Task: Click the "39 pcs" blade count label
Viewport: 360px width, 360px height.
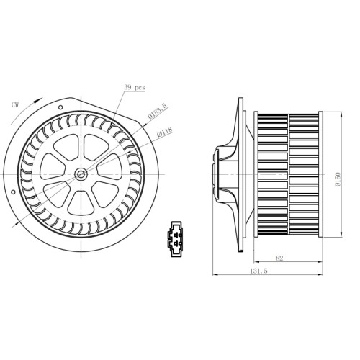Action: pyautogui.click(x=135, y=87)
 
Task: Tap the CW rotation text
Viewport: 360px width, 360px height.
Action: pyautogui.click(x=15, y=104)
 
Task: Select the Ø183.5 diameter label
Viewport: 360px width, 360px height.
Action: pyautogui.click(x=158, y=111)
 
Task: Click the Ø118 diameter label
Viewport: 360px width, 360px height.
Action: pyautogui.click(x=165, y=132)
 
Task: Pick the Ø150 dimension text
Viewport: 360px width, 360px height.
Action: pyautogui.click(x=338, y=179)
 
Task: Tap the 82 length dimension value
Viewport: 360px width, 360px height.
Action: pyautogui.click(x=279, y=258)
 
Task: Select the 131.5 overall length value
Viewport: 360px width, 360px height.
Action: pyautogui.click(x=258, y=271)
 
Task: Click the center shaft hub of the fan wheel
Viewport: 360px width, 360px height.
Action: pyautogui.click(x=81, y=174)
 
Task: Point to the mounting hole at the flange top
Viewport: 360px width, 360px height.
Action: pyautogui.click(x=60, y=107)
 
